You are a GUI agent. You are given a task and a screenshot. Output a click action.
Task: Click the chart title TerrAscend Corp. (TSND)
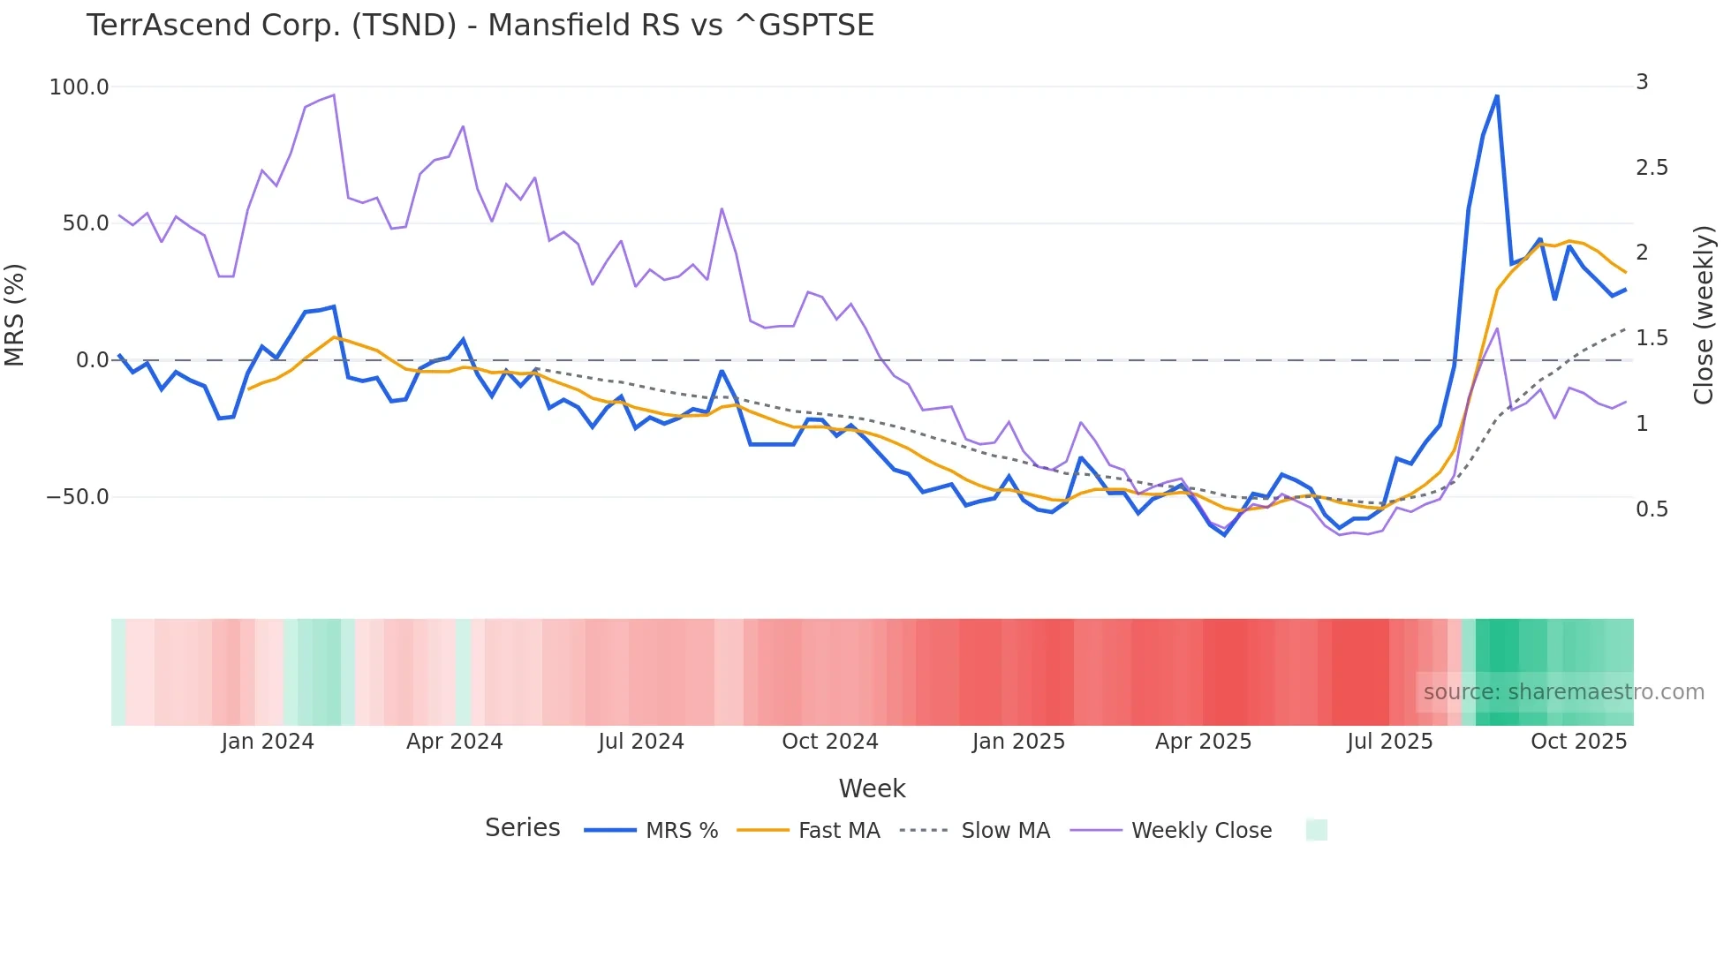coord(480,26)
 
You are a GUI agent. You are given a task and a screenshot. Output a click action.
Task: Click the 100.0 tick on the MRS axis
coord(79,87)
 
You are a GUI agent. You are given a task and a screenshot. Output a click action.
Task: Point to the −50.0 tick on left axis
coord(77,497)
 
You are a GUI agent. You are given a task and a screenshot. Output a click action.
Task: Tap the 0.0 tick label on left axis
coord(92,360)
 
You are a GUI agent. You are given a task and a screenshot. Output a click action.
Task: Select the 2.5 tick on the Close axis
coord(1652,168)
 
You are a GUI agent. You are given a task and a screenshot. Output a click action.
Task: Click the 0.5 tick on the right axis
coord(1652,509)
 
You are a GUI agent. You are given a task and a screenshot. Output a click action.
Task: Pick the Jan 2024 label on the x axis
coord(268,742)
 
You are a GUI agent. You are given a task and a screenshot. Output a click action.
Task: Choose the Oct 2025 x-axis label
coord(1578,742)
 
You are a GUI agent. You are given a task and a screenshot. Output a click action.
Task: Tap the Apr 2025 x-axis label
coord(1203,742)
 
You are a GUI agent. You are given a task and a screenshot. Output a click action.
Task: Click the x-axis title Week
coord(872,788)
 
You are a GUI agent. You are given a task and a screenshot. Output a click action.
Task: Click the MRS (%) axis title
coord(15,315)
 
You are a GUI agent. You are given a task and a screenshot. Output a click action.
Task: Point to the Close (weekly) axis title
coord(1704,315)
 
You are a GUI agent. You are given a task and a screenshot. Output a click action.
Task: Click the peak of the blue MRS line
coord(1497,96)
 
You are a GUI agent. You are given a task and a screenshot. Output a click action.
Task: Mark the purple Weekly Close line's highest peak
coord(333,95)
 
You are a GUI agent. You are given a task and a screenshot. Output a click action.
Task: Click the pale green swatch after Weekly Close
coord(1316,831)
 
